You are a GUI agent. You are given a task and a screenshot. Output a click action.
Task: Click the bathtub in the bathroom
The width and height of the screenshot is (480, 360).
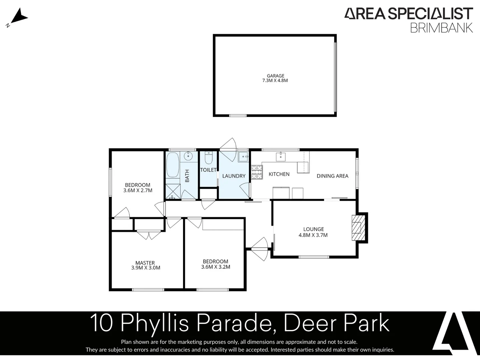173,165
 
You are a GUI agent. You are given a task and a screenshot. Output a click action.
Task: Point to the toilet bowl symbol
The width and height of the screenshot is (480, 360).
209,158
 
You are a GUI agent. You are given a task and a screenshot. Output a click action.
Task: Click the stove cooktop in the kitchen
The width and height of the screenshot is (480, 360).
257,172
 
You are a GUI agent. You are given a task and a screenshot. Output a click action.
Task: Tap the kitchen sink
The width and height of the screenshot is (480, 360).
281,156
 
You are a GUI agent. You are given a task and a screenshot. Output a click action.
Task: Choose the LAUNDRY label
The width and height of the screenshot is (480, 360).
234,176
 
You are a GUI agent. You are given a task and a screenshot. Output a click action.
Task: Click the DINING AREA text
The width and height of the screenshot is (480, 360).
332,176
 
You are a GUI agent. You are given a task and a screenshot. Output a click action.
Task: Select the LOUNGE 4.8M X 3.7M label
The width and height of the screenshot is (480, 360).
313,232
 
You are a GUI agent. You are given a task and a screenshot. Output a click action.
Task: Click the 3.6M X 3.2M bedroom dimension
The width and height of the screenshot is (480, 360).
216,267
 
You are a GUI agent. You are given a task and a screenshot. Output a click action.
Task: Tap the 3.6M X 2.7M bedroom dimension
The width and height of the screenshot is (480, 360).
138,191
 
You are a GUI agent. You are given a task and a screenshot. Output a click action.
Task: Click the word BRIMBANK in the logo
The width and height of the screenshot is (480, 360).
441,28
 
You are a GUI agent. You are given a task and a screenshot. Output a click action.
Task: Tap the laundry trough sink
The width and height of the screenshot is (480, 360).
243,156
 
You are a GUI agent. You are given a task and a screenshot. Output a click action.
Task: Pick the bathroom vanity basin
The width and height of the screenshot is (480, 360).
188,156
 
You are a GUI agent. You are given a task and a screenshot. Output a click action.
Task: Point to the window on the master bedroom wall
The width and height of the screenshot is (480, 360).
148,290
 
